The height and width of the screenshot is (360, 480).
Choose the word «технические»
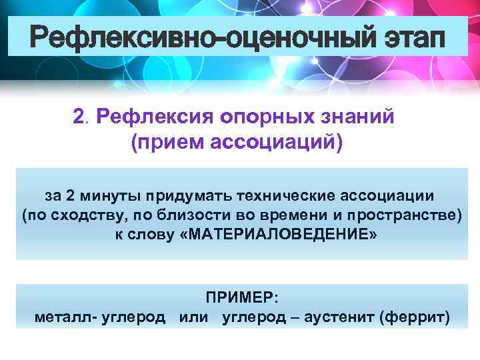tap(282, 197)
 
